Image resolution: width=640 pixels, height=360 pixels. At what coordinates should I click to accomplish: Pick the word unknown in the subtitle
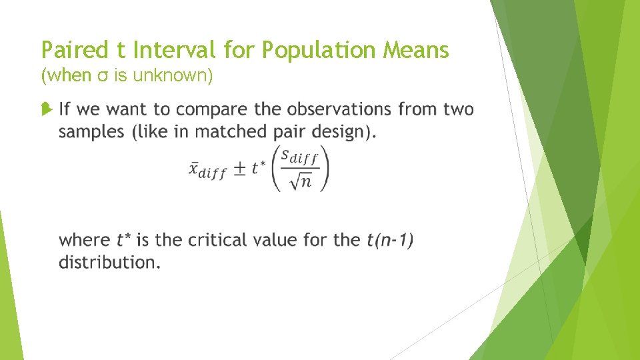[x=173, y=76]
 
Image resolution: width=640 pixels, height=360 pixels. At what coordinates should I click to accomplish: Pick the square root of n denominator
[x=300, y=181]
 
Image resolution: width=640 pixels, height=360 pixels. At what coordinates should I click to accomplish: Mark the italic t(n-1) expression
[x=390, y=239]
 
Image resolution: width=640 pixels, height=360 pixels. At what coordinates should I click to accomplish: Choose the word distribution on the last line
[x=108, y=262]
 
